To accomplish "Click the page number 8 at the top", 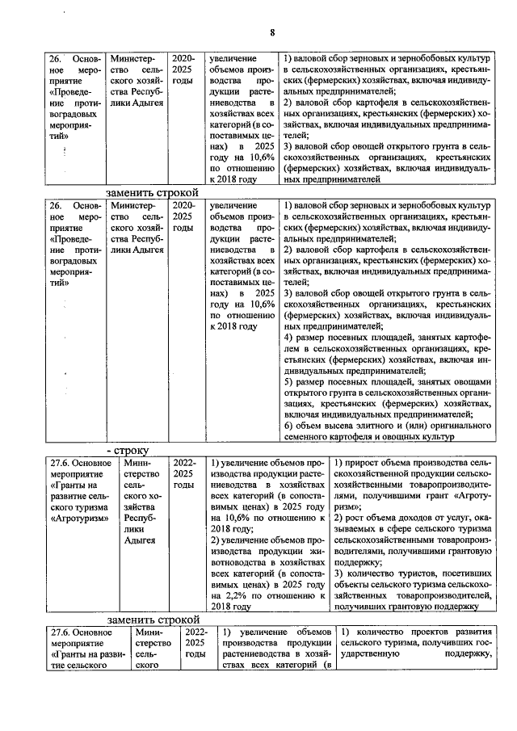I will (x=272, y=32).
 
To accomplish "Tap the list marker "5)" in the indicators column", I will (x=289, y=380).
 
